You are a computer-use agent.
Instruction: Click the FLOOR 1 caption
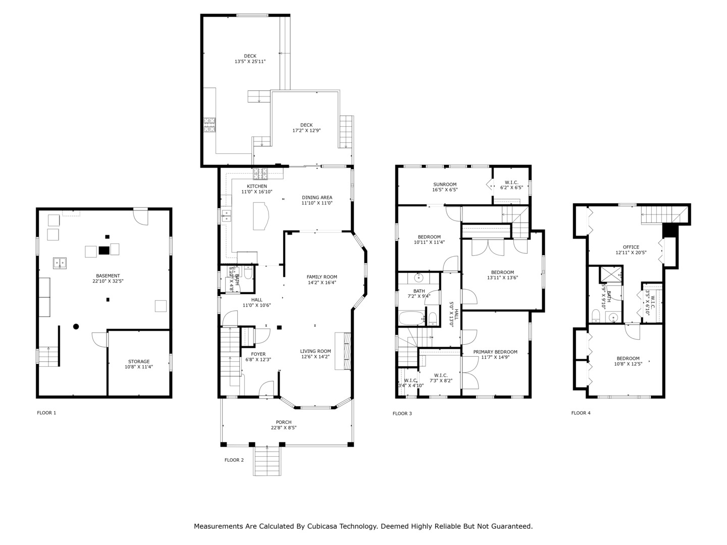pos(46,413)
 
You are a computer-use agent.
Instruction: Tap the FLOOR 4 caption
pos(581,413)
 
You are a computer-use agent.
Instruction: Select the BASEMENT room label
pos(108,276)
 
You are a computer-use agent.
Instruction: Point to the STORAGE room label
pos(139,361)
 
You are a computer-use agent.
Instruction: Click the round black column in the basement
pos(76,326)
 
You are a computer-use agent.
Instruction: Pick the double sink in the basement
pos(60,263)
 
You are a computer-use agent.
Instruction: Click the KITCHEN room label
pos(256,186)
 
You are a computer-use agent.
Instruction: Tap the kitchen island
pos(261,216)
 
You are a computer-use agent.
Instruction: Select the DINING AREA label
pos(317,197)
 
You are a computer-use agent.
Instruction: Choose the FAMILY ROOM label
pos(322,277)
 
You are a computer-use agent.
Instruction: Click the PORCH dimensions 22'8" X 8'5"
pos(284,427)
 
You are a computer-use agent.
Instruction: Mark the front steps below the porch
pos(267,461)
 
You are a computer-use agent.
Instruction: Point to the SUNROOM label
pos(445,184)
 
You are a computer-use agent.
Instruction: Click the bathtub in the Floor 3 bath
pos(411,318)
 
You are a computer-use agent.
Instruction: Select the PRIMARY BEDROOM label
pos(495,352)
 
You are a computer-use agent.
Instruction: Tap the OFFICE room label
pos(631,247)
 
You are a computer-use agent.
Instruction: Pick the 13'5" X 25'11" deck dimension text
pos(250,62)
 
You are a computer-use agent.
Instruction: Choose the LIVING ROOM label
pos(316,351)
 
